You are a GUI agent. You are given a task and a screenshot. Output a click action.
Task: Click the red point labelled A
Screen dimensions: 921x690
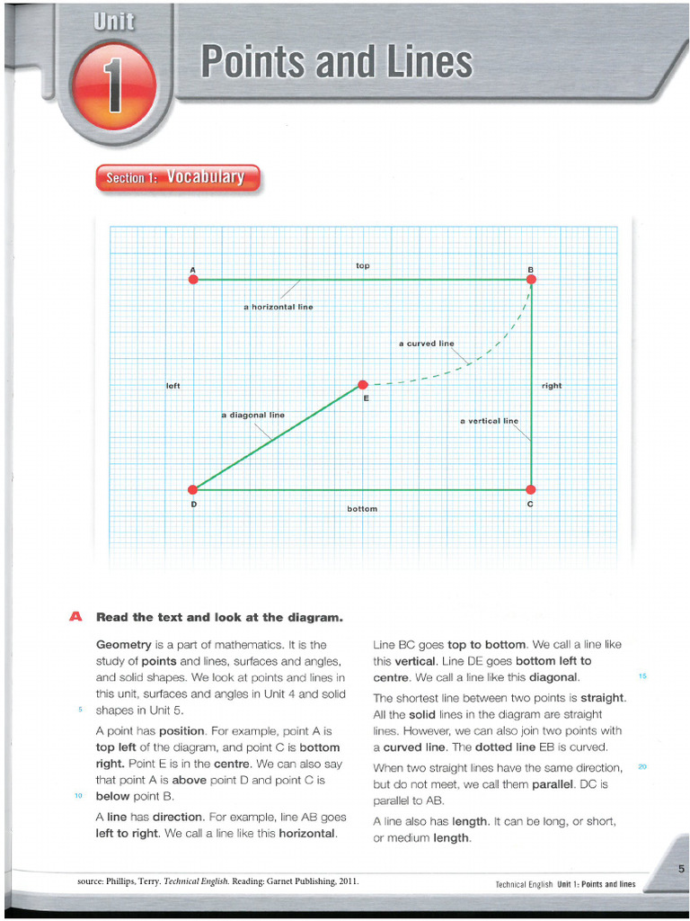click(192, 280)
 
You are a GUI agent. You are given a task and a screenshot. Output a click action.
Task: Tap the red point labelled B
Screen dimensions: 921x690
click(531, 280)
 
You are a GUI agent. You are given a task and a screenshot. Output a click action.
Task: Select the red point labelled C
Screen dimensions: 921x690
click(530, 490)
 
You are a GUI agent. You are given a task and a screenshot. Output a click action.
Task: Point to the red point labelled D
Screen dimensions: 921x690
click(192, 490)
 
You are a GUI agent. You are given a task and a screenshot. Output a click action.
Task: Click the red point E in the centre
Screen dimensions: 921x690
click(363, 385)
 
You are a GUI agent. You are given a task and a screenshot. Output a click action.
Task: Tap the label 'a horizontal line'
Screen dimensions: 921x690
click(279, 308)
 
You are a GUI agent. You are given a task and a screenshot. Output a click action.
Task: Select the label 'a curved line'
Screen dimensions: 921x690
click(427, 344)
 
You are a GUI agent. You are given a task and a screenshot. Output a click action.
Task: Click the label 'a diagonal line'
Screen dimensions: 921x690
click(252, 416)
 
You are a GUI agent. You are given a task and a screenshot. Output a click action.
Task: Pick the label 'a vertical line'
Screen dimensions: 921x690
click(489, 421)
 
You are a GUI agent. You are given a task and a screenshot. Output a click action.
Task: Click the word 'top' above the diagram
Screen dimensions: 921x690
click(363, 265)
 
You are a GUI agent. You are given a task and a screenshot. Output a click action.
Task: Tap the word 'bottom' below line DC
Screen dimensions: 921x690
click(362, 509)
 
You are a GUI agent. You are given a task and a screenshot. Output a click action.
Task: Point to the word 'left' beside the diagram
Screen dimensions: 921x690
click(173, 386)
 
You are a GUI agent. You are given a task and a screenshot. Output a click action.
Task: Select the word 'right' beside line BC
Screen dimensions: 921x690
click(552, 386)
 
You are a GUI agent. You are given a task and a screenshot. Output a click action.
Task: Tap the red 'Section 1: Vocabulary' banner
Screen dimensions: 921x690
click(175, 178)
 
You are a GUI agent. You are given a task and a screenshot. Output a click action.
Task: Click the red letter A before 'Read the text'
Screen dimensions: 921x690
click(75, 617)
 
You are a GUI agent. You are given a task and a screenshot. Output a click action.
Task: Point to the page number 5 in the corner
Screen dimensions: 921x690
click(681, 869)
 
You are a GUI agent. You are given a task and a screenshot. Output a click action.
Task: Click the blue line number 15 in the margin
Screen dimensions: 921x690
click(642, 676)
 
